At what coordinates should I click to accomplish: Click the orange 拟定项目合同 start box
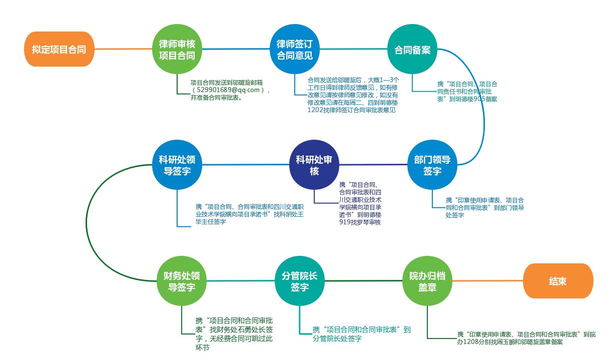(60, 49)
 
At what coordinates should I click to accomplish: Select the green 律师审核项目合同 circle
(177, 49)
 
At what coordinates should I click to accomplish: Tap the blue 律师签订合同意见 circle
(295, 49)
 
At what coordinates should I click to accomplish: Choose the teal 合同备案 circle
(412, 49)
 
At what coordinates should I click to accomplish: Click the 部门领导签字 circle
(432, 165)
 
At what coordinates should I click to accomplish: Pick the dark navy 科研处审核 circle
(314, 165)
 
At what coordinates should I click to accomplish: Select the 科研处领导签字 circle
(177, 165)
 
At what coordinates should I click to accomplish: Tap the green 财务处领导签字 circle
(182, 281)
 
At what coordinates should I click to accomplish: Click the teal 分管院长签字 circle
(299, 281)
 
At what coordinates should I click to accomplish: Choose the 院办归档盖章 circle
(427, 281)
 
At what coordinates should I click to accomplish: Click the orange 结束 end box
(558, 281)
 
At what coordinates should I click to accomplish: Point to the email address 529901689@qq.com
(228, 90)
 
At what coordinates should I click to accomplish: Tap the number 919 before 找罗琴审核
(345, 222)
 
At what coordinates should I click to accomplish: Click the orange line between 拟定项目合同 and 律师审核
(124, 49)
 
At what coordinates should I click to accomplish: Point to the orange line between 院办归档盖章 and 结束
(487, 281)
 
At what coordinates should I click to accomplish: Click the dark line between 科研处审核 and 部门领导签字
(373, 165)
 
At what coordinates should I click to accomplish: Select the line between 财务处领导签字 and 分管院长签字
(241, 281)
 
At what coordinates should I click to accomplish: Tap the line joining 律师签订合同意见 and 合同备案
(353, 49)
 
